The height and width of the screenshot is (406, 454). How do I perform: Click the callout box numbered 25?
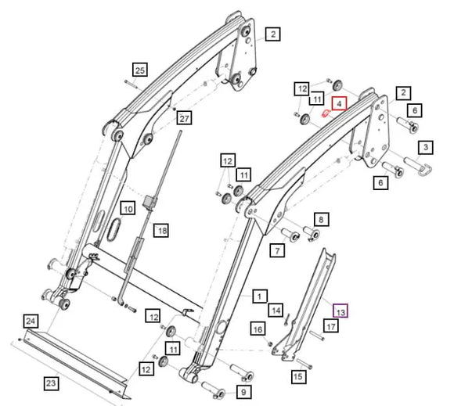[x=139, y=70]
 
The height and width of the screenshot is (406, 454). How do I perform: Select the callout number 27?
[x=184, y=119]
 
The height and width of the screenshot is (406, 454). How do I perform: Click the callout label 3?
[x=427, y=146]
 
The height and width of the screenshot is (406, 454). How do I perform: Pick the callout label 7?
[x=277, y=250]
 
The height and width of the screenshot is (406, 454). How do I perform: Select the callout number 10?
[x=128, y=208]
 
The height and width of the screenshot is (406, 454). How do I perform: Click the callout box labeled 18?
[x=161, y=230]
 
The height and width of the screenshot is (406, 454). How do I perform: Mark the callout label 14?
[x=276, y=311]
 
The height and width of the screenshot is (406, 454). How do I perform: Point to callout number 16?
[x=258, y=329]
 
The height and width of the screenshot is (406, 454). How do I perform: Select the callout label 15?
[x=297, y=377]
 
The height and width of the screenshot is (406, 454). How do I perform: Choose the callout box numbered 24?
[x=30, y=322]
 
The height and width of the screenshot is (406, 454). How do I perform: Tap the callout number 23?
[x=51, y=383]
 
